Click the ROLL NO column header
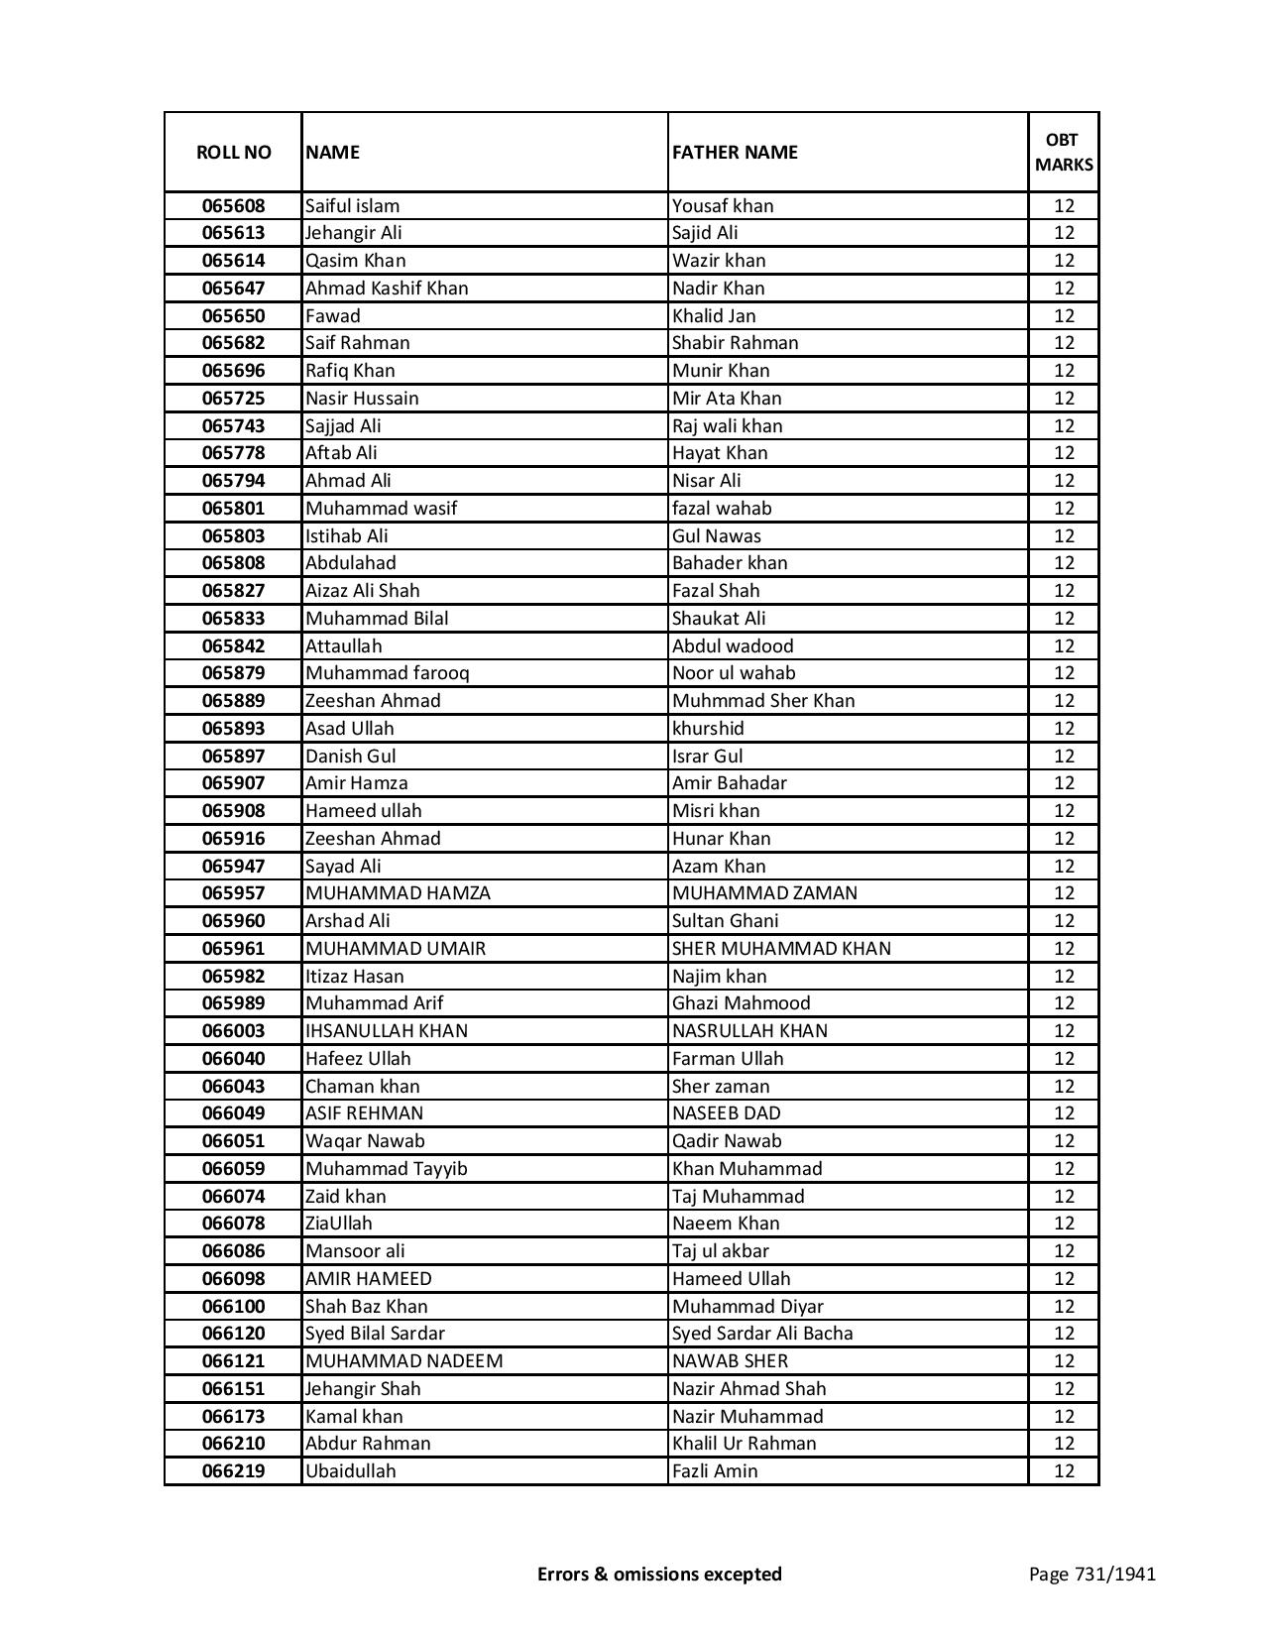233,152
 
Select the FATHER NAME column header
735,152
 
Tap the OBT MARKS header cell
1064,152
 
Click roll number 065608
233,206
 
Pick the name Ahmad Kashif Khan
387,289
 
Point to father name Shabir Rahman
735,343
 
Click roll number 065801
233,509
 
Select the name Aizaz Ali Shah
362,591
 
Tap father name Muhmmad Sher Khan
763,701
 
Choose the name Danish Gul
350,756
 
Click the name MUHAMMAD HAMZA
398,893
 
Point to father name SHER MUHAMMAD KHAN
781,949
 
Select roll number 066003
233,1031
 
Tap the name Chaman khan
362,1087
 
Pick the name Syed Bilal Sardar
375,1334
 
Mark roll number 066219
233,1471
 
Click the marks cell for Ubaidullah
1064,1471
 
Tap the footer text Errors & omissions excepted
659,1574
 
